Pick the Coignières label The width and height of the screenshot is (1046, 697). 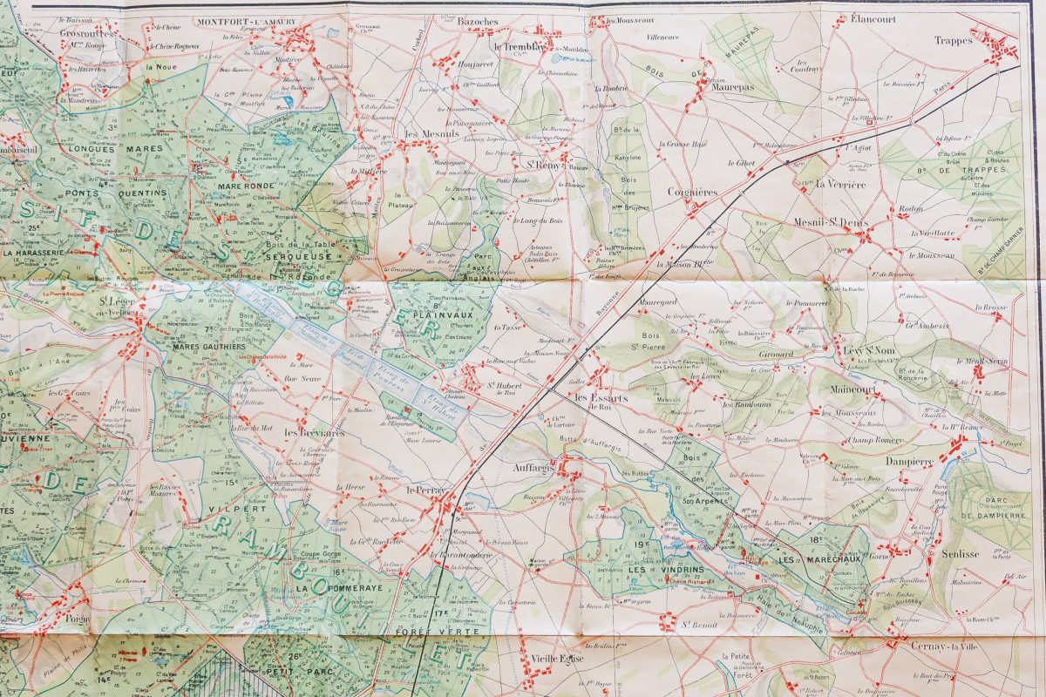coord(692,192)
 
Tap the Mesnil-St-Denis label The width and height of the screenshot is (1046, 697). coord(831,222)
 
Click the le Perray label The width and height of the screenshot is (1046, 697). coord(425,491)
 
